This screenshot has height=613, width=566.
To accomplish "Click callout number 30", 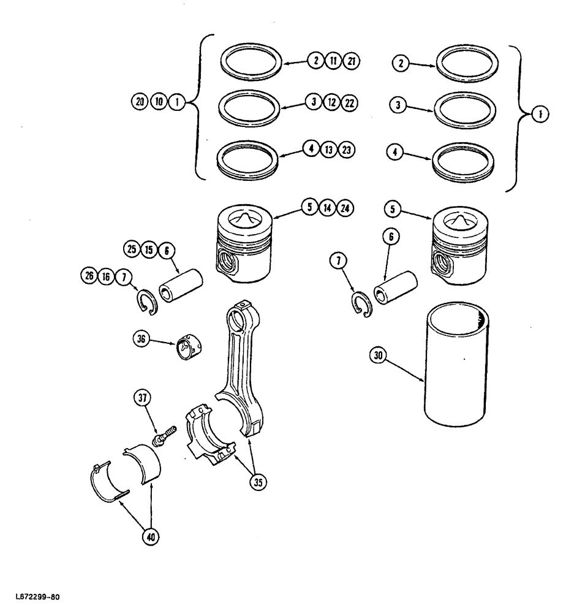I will [x=379, y=355].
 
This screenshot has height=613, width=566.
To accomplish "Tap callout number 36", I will [x=141, y=338].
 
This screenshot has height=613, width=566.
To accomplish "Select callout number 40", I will [x=151, y=537].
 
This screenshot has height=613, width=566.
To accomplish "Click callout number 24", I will [x=345, y=208].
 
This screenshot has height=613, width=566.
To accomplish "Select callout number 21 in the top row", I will [x=352, y=61].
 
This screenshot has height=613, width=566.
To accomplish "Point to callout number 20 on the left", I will [x=140, y=102].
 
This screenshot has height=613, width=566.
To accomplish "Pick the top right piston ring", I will [x=466, y=64].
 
